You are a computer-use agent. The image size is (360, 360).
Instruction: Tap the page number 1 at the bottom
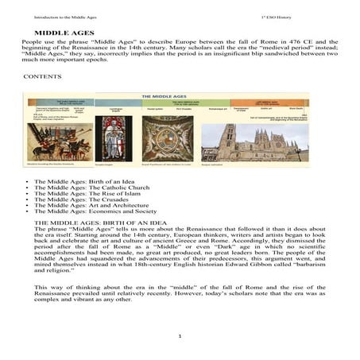(180, 336)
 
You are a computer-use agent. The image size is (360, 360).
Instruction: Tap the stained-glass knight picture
(113, 140)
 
